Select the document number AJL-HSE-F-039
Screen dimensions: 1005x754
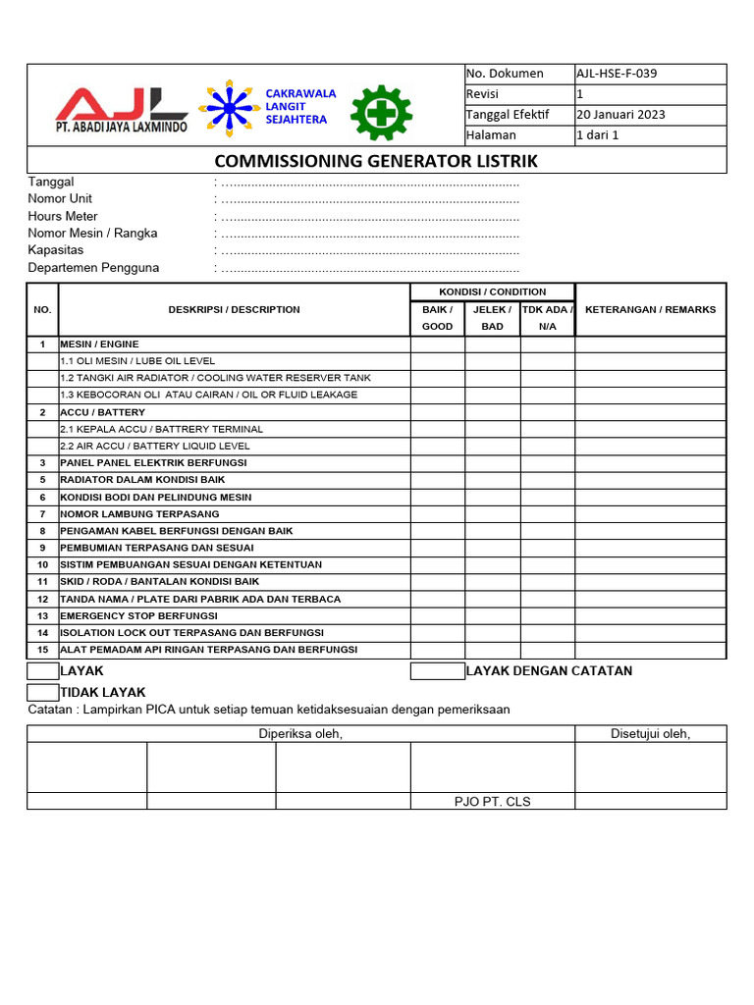pos(616,74)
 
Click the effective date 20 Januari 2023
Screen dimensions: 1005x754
pos(619,114)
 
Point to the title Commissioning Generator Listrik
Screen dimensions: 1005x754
pos(376,161)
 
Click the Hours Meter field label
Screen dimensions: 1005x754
pos(63,216)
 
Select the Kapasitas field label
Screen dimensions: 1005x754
pos(56,250)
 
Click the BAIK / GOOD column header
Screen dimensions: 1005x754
pos(437,317)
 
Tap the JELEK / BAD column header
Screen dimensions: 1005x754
pos(493,317)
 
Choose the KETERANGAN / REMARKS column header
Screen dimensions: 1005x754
pos(650,309)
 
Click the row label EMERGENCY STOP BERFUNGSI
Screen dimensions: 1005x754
pos(138,615)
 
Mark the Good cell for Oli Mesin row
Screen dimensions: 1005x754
pos(437,361)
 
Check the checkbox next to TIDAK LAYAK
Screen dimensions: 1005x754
pos(43,692)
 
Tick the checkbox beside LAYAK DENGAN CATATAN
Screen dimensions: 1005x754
pos(437,671)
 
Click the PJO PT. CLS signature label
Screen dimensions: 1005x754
pos(492,801)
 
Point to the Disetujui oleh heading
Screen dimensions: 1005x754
pos(650,734)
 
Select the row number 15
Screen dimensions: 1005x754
pos(42,650)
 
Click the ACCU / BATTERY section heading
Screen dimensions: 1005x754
pos(102,412)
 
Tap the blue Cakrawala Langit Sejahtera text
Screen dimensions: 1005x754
pos(300,106)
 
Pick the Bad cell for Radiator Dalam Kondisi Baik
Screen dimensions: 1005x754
pos(493,480)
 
